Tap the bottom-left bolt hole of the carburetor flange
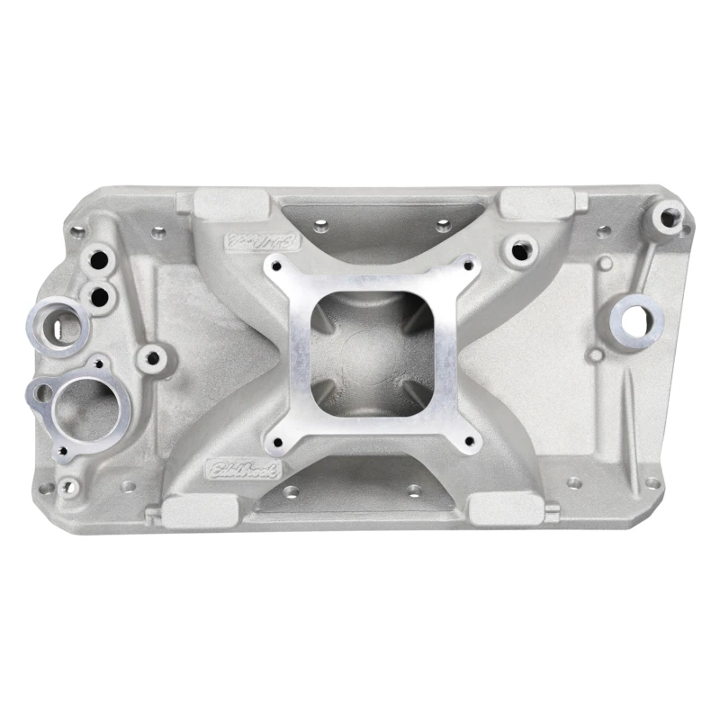click(275, 442)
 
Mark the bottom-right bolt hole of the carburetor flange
click(470, 441)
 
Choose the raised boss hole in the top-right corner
click(669, 215)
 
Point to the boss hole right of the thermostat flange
click(153, 358)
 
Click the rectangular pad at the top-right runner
click(535, 202)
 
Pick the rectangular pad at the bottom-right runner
click(507, 509)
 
